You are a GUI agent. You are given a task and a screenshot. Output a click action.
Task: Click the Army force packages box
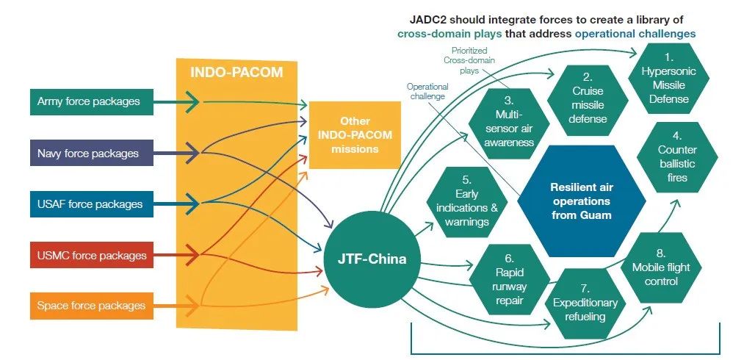pos(92,101)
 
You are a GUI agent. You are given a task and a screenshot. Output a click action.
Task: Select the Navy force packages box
pos(92,153)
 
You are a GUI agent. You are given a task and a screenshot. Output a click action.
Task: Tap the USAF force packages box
pos(92,204)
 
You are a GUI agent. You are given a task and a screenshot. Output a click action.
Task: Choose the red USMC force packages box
pos(92,255)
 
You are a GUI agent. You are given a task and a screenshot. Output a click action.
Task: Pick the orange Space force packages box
pos(92,306)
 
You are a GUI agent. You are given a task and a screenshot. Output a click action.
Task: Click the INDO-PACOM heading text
pos(236,73)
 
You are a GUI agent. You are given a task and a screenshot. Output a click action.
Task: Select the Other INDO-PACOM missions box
pos(355,135)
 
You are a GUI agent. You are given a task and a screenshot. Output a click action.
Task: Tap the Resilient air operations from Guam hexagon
pos(581,201)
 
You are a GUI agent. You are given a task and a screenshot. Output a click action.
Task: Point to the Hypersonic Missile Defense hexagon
pos(668,79)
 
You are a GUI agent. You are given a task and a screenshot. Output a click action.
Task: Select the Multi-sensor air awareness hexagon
pos(509,123)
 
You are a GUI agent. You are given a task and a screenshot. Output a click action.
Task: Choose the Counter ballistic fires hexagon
pos(677,157)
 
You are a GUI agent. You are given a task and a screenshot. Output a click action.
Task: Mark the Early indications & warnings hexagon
pos(467,202)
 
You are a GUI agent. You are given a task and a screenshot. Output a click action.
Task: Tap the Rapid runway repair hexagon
pos(510,280)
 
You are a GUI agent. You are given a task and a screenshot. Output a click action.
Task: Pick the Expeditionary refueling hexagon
pos(585,303)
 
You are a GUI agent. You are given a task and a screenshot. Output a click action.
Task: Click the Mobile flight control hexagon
pos(661,268)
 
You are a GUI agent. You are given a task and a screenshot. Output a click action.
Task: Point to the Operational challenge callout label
pos(427,91)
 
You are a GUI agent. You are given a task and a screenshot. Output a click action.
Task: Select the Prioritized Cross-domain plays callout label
pos(469,60)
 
